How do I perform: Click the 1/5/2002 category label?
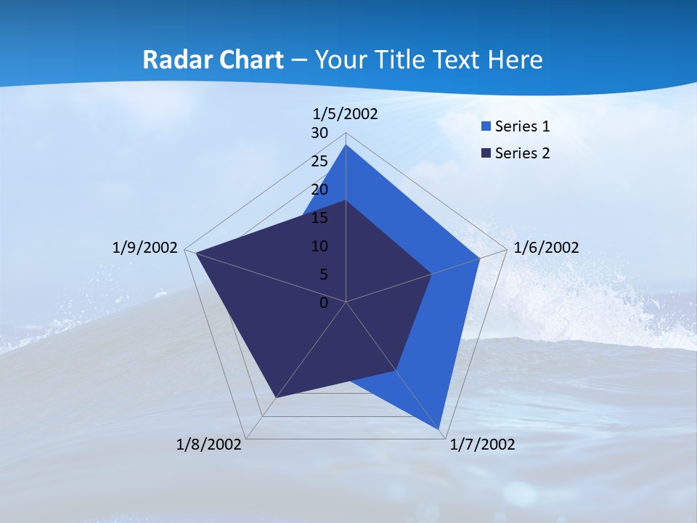[x=346, y=113]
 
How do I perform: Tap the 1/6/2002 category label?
[x=546, y=248]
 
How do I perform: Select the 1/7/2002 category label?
[x=482, y=445]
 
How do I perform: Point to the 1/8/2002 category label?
[x=209, y=445]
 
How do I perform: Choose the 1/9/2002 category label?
[x=145, y=248]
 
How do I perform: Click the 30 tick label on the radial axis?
[x=319, y=133]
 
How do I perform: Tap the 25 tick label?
[x=319, y=161]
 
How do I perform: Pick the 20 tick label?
[x=319, y=190]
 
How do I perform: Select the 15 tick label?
[x=319, y=218]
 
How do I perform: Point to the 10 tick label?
[x=319, y=246]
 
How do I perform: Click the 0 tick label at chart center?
[x=324, y=303]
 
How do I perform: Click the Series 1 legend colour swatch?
[x=486, y=126]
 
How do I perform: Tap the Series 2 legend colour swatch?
[x=486, y=153]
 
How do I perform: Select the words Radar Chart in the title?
[x=213, y=60]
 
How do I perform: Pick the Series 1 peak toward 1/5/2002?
[x=346, y=145]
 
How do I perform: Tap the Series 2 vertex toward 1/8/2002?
[x=275, y=397]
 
